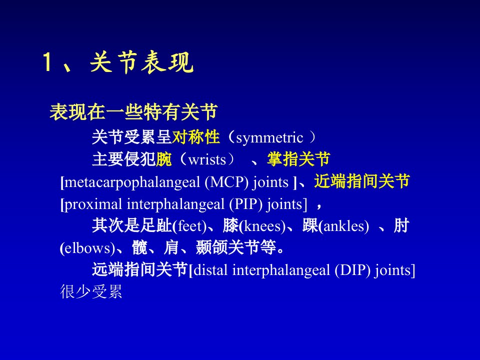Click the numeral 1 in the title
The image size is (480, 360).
[x=47, y=62]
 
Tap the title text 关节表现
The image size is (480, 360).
[x=141, y=62]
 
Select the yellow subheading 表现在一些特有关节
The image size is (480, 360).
[x=133, y=112]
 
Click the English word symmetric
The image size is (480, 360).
[x=269, y=138]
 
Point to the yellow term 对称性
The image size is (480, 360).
[x=196, y=137]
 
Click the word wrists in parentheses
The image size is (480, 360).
[x=207, y=159]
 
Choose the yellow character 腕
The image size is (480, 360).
[x=164, y=159]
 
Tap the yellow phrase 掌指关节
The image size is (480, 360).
[x=298, y=159]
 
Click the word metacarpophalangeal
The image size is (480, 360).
[x=132, y=183]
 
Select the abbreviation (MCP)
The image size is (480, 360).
[x=226, y=182]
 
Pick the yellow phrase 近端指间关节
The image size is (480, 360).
[x=362, y=181]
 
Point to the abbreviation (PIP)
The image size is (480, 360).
[x=246, y=204]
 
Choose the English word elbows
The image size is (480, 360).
[x=87, y=248]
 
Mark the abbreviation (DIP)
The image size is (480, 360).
[x=352, y=270]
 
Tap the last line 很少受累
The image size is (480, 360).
[x=91, y=291]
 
